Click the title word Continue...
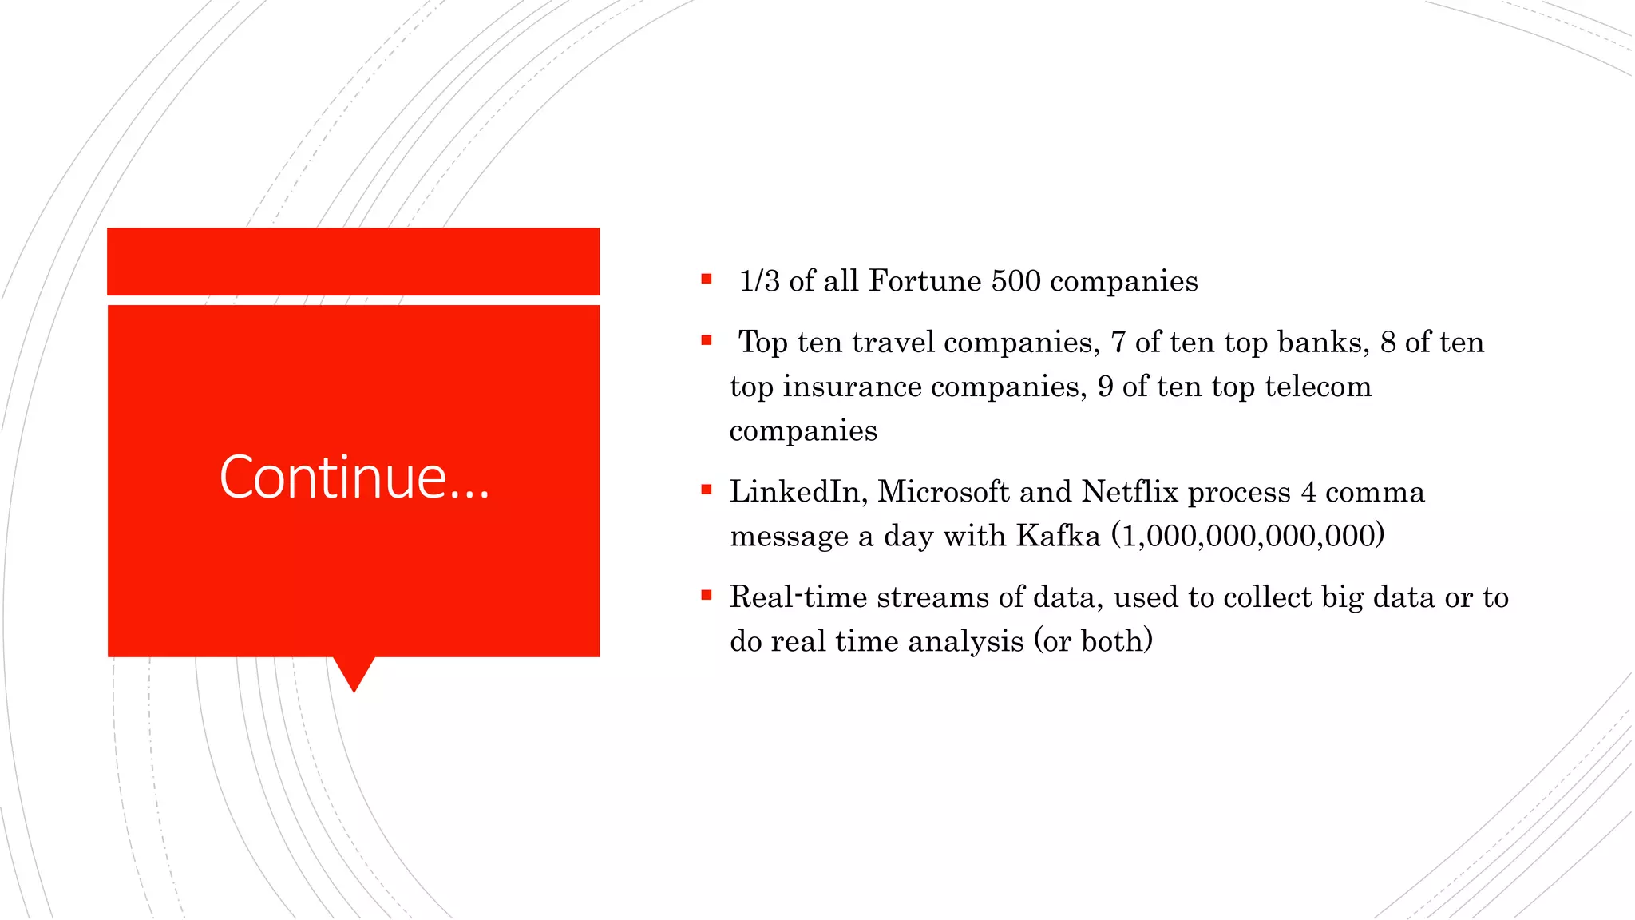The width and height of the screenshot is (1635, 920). coord(354,477)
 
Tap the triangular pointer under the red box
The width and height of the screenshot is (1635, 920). coord(354,673)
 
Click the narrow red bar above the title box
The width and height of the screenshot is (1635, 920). coord(354,261)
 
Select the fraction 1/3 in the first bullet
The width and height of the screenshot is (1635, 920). coord(758,281)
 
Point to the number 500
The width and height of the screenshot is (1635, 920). coord(1015,281)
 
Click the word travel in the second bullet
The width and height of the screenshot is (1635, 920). coord(893,343)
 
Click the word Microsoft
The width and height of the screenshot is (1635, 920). coord(944,492)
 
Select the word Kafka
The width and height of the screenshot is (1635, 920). coord(1059,536)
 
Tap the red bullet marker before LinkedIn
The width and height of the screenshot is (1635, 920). coord(707,490)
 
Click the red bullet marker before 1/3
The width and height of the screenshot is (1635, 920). coord(707,279)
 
